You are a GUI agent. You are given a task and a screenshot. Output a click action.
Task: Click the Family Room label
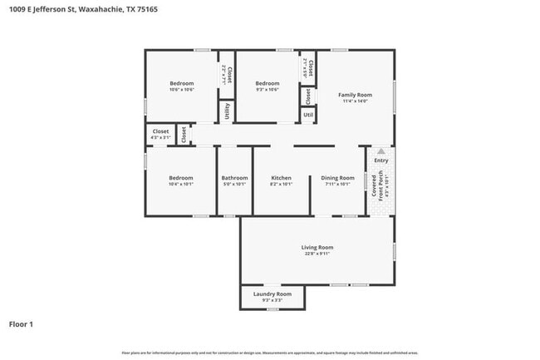pyautogui.click(x=355, y=95)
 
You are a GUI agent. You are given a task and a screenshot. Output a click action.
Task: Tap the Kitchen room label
pyautogui.click(x=282, y=178)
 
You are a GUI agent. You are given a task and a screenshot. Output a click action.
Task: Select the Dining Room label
pyautogui.click(x=338, y=178)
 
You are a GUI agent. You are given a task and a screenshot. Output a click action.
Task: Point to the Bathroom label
pyautogui.click(x=234, y=178)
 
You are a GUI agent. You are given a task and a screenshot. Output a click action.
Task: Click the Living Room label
pyautogui.click(x=317, y=247)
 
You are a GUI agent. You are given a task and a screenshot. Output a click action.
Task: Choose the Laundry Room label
pyautogui.click(x=272, y=293)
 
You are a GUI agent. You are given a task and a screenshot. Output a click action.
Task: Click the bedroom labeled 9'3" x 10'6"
pyautogui.click(x=267, y=83)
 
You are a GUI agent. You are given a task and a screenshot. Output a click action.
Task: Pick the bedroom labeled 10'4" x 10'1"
pyautogui.click(x=181, y=178)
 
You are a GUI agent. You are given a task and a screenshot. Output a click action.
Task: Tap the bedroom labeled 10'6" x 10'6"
pyautogui.click(x=182, y=83)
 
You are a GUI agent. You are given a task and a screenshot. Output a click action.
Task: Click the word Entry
pyautogui.click(x=380, y=160)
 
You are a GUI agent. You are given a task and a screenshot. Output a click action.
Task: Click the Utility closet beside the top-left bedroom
pyautogui.click(x=227, y=111)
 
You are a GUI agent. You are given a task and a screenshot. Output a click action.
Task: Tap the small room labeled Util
pyautogui.click(x=308, y=115)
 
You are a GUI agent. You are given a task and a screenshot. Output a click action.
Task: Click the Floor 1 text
pyautogui.click(x=22, y=323)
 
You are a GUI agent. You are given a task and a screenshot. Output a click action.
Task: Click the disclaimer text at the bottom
pyautogui.click(x=270, y=353)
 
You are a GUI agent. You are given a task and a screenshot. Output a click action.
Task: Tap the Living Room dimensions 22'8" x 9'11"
pyautogui.click(x=317, y=254)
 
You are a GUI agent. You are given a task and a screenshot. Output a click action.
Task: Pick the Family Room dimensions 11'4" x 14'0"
pyautogui.click(x=355, y=102)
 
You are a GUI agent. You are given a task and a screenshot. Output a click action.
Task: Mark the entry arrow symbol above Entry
pyautogui.click(x=380, y=151)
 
